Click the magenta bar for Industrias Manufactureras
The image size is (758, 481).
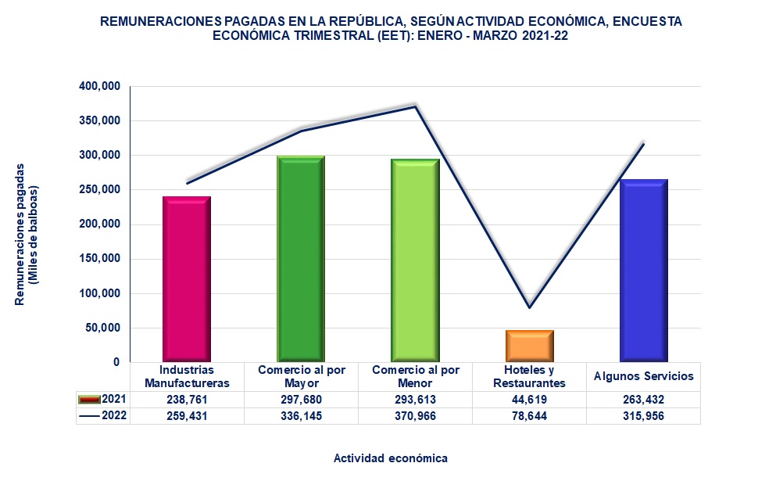tap(187, 278)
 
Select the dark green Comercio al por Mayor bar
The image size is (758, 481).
tap(301, 258)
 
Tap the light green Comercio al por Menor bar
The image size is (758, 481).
tap(415, 260)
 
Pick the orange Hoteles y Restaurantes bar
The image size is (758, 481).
tap(529, 346)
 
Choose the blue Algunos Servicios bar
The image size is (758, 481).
tap(643, 270)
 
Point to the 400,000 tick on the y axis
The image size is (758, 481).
tap(99, 86)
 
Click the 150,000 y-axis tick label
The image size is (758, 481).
tap(99, 259)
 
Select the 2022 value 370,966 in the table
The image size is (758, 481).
tap(415, 416)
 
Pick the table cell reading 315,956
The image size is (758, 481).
tap(643, 416)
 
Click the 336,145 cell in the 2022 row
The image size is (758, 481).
tap(301, 416)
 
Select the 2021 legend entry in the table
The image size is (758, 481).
tap(103, 400)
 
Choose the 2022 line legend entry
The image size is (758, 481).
tap(103, 416)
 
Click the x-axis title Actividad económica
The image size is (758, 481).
tap(391, 458)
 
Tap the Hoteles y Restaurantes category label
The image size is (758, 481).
tap(529, 376)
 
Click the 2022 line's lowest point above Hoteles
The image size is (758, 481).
tap(529, 307)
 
